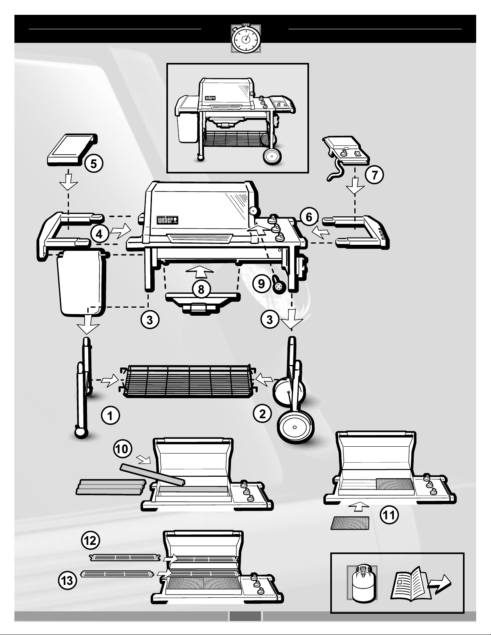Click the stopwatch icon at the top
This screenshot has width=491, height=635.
[246, 38]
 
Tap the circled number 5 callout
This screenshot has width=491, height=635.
[93, 164]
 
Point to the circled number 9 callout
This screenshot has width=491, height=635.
[261, 284]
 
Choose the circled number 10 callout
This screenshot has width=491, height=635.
[122, 449]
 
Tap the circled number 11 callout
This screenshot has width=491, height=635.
[389, 516]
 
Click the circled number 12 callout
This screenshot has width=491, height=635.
[90, 541]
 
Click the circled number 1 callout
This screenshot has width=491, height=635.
[110, 415]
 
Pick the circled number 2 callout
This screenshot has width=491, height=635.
[262, 413]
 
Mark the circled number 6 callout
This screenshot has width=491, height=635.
[309, 217]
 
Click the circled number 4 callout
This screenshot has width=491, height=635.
[99, 235]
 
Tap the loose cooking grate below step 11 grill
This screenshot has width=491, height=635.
[350, 523]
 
